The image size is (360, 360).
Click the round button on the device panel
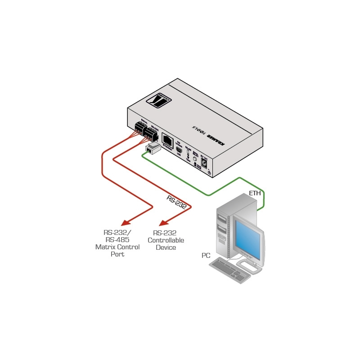[x=195, y=158]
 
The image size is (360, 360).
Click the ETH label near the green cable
[x=255, y=194]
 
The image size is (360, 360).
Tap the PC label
[x=206, y=256]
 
